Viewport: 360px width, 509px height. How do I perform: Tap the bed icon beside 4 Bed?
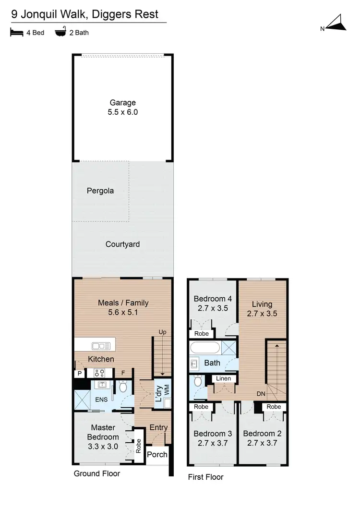point(16,33)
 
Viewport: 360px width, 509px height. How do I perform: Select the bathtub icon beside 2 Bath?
point(60,33)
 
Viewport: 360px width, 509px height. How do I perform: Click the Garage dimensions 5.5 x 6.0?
point(123,112)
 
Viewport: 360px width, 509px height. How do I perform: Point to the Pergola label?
point(100,191)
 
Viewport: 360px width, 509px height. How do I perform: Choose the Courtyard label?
point(123,244)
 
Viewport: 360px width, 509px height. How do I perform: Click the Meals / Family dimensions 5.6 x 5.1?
point(123,313)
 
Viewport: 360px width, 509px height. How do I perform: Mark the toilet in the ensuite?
point(123,386)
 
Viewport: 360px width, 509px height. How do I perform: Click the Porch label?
point(156,454)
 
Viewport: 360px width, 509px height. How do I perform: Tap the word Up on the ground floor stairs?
point(163,332)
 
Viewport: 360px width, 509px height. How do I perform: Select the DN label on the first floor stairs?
point(261,394)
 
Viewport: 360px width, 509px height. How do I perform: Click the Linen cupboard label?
point(223,378)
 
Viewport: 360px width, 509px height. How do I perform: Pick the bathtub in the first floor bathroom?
point(205,347)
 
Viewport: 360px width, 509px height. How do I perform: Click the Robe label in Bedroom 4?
point(201,333)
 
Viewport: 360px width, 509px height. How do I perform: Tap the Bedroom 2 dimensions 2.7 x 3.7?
point(262,443)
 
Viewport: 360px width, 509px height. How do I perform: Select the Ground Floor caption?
point(96,473)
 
